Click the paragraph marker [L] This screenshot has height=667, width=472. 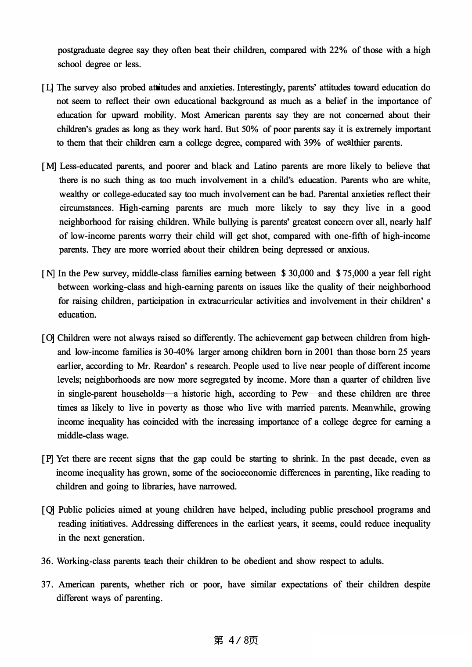click(48, 87)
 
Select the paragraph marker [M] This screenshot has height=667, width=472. click(49, 166)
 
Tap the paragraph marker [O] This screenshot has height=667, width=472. click(48, 338)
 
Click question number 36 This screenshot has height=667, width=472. click(47, 561)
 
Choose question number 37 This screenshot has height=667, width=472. click(47, 584)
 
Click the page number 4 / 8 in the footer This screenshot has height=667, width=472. click(236, 640)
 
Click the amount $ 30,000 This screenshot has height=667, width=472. click(297, 273)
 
